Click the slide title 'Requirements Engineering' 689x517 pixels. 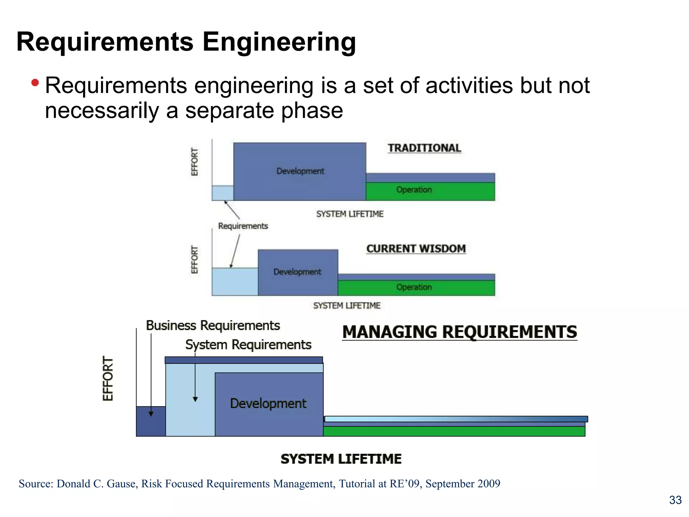pyautogui.click(x=186, y=42)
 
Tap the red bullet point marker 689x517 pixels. pyautogui.click(x=35, y=82)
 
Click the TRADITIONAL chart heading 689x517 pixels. pyautogui.click(x=424, y=148)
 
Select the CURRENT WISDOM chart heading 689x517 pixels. pyautogui.click(x=416, y=249)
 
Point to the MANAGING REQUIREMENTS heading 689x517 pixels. pyautogui.click(x=460, y=332)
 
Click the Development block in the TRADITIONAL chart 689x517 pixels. pyautogui.click(x=300, y=171)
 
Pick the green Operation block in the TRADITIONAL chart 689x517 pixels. pyautogui.click(x=430, y=191)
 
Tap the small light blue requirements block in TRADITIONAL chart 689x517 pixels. pyautogui.click(x=222, y=193)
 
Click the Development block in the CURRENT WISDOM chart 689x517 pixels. pyautogui.click(x=297, y=272)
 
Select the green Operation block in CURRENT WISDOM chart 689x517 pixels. pyautogui.click(x=416, y=288)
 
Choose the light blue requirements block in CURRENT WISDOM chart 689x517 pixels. pyautogui.click(x=234, y=282)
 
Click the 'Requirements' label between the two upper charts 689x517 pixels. pyautogui.click(x=243, y=226)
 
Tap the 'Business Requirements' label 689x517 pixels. pyautogui.click(x=213, y=326)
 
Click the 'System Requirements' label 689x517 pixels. pyautogui.click(x=248, y=345)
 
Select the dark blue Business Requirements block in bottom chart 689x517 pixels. pyautogui.click(x=151, y=421)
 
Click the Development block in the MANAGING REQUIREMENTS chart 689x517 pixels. pyautogui.click(x=268, y=404)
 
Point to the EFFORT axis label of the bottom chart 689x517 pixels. pyautogui.click(x=108, y=379)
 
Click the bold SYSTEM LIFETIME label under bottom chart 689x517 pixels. pyautogui.click(x=341, y=459)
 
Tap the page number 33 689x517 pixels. pyautogui.click(x=675, y=500)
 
